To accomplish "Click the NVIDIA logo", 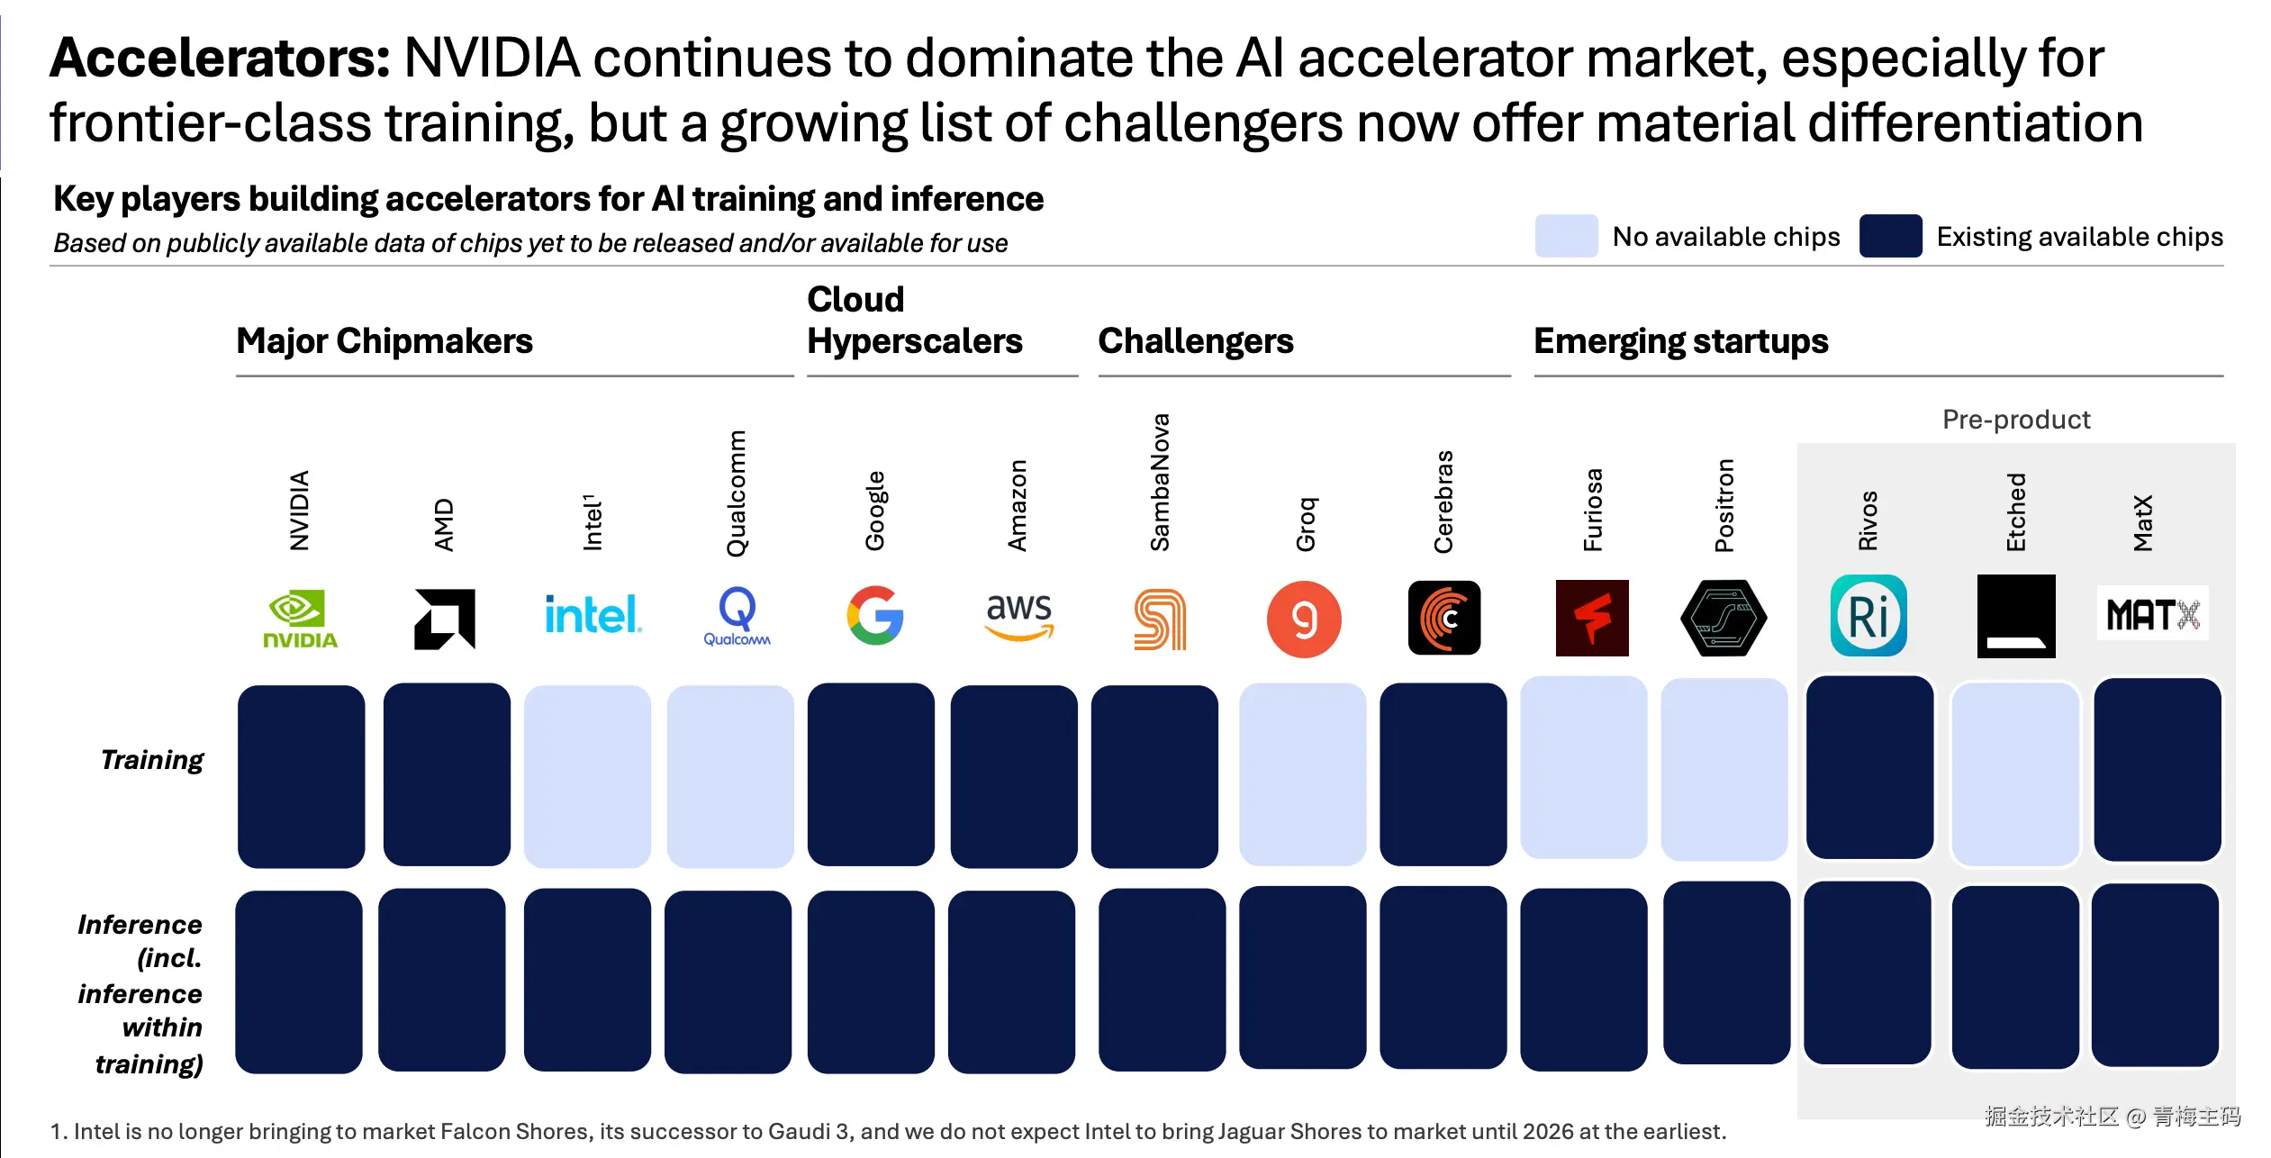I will click(x=300, y=619).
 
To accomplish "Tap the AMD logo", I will click(x=445, y=619).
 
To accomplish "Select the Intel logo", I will click(x=593, y=615).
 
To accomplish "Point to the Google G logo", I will click(x=875, y=616).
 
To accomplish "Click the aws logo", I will click(x=1018, y=616).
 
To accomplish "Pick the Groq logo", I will click(x=1304, y=619).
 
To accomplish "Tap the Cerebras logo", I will click(x=1444, y=618).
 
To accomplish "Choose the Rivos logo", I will click(x=1868, y=616).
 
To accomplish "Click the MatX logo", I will click(x=2153, y=615).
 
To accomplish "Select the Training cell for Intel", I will click(x=587, y=776).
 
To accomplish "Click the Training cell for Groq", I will click(x=1302, y=774).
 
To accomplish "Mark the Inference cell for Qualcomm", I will click(x=728, y=982).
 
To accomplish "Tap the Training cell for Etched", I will click(x=2015, y=774).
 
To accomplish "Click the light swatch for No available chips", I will click(x=1566, y=236).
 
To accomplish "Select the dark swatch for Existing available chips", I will click(x=1890, y=236).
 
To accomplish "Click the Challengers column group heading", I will click(x=1195, y=341).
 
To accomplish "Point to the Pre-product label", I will click(x=2016, y=420).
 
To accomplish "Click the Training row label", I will click(x=152, y=760).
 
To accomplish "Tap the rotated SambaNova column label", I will click(x=1160, y=483).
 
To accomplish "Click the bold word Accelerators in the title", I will click(x=220, y=59).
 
